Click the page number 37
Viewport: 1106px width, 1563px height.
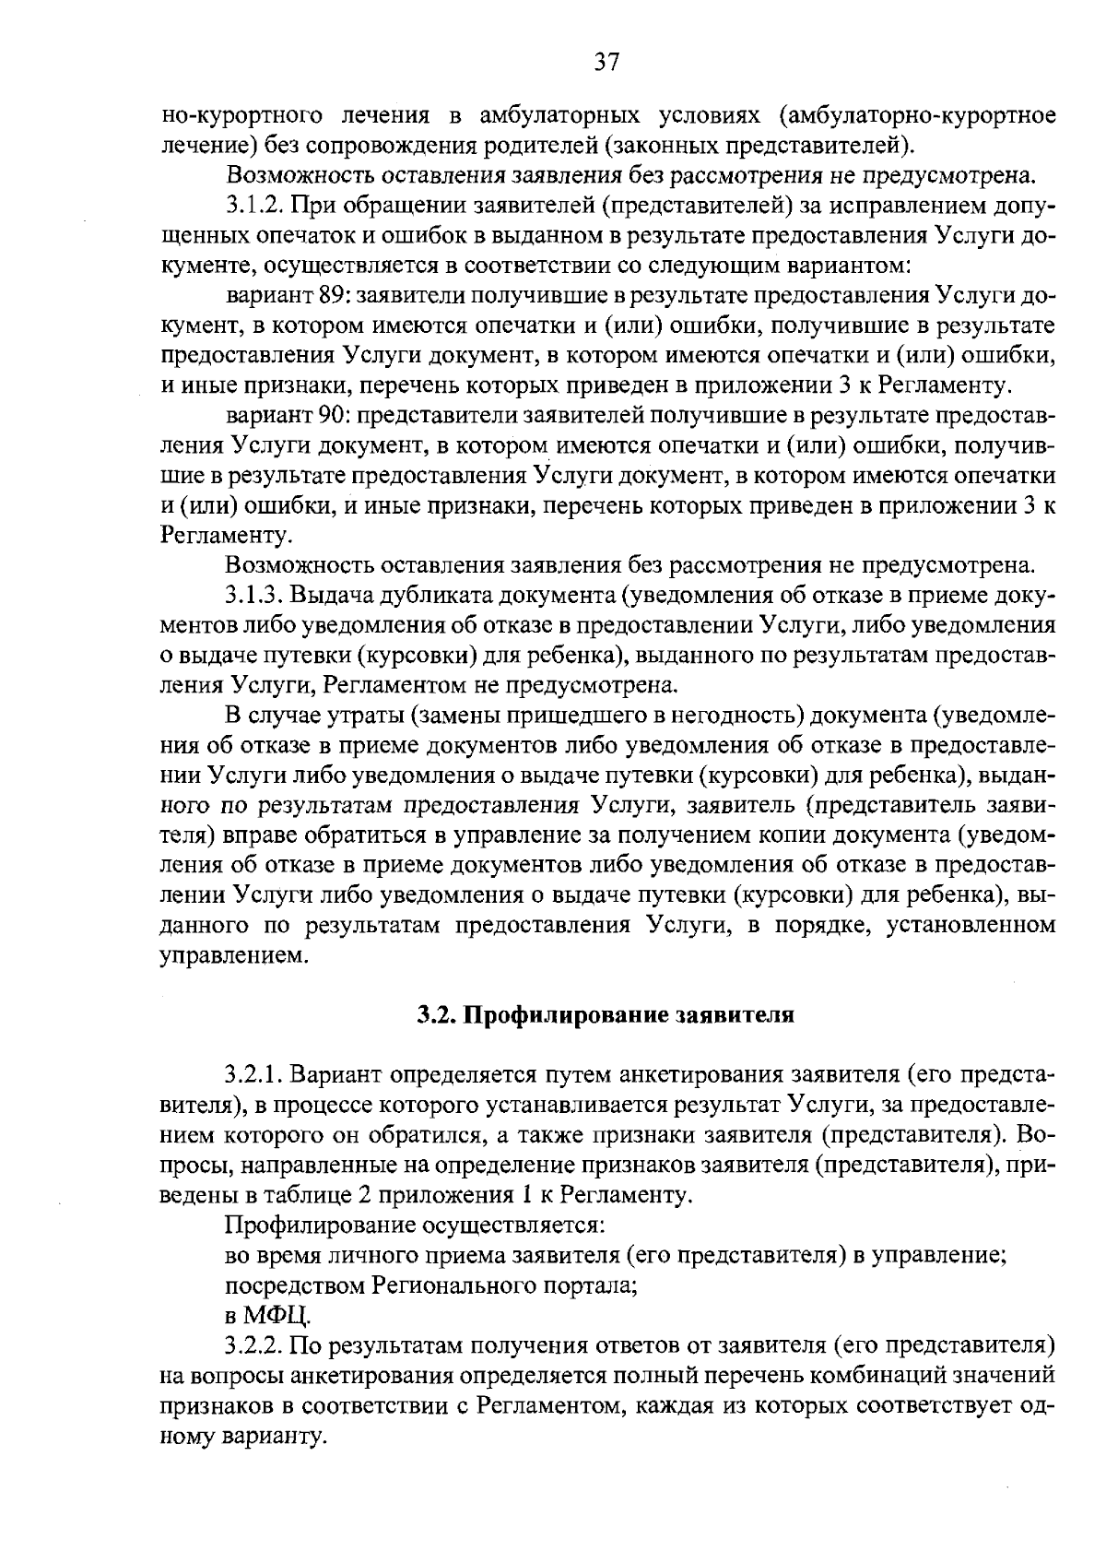(606, 62)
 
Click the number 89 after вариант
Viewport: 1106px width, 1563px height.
(333, 296)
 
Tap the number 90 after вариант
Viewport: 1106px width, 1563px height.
(333, 416)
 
